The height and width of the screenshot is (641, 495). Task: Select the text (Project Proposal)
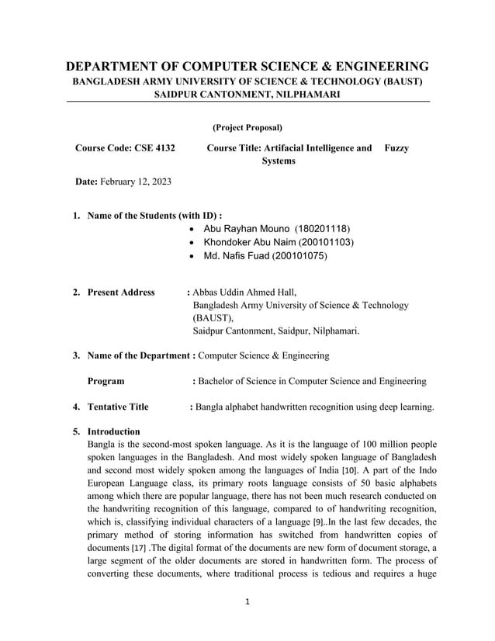(247, 126)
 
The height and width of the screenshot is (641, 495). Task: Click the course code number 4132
(161, 147)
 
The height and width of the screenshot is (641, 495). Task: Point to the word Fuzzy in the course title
(396, 147)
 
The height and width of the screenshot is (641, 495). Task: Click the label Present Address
(121, 293)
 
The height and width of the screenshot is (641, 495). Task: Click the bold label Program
(106, 381)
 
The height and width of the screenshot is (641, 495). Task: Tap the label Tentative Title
(118, 407)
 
